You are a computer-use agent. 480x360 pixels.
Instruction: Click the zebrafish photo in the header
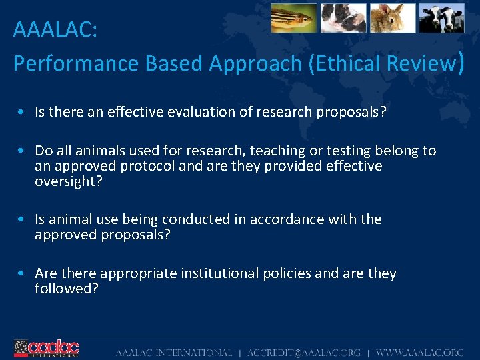(293, 18)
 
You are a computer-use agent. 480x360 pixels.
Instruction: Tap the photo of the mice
(343, 18)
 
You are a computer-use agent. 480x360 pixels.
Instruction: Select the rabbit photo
(393, 18)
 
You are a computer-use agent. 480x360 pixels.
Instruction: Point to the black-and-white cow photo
(441, 18)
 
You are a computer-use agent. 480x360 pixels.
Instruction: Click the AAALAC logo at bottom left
(47, 348)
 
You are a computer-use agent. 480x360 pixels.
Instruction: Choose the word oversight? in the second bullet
(69, 181)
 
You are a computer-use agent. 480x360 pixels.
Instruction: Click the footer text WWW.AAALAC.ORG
(419, 353)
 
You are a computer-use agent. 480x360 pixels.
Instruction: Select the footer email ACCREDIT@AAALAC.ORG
(303, 353)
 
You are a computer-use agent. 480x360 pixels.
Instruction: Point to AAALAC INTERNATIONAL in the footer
(174, 353)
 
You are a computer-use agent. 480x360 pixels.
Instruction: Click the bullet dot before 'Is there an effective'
(23, 113)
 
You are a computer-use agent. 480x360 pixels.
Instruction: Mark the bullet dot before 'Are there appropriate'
(23, 274)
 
